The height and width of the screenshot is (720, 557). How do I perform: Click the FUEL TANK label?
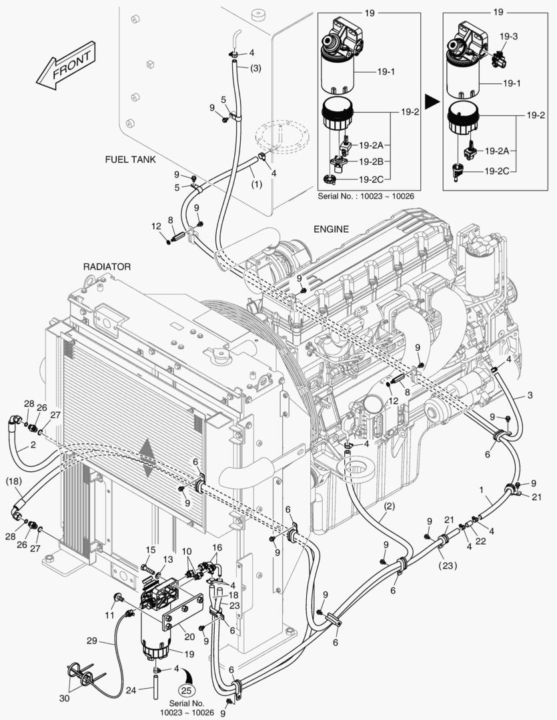[x=130, y=160]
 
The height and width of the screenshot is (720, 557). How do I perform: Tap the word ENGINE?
[x=331, y=229]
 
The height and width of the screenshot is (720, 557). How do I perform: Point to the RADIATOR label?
[x=107, y=266]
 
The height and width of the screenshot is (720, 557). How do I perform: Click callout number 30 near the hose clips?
[x=64, y=698]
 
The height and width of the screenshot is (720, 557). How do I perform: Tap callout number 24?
[x=131, y=690]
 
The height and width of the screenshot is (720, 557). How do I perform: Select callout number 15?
[x=151, y=550]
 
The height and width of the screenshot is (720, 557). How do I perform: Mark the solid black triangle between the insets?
[x=432, y=101]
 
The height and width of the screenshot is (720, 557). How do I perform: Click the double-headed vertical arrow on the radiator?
[x=148, y=458]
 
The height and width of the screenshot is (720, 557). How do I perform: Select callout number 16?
[x=217, y=547]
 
